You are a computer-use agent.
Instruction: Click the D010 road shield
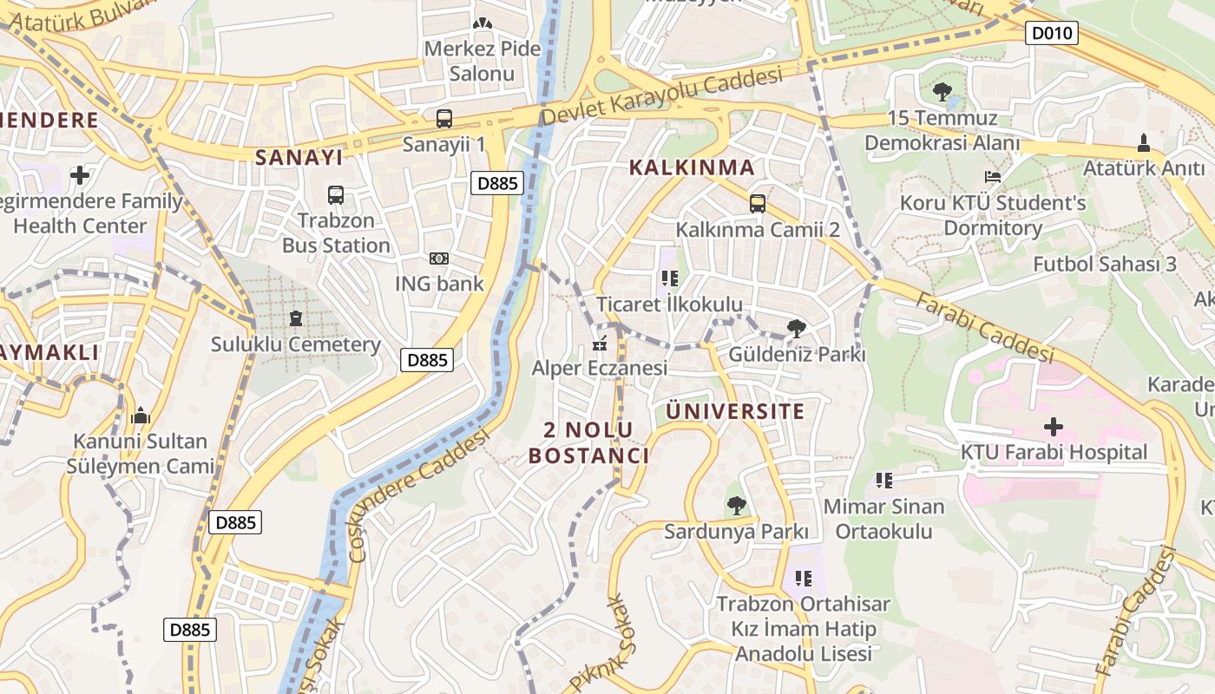click(1051, 34)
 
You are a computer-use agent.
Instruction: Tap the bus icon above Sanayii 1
click(443, 119)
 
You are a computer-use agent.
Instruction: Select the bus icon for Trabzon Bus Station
click(336, 195)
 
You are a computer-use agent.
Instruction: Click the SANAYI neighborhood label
click(299, 157)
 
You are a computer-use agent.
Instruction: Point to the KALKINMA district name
click(692, 167)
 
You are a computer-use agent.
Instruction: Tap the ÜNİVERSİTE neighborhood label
click(735, 411)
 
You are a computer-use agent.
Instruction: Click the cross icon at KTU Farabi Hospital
click(1053, 427)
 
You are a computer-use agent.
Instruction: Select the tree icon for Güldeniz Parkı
click(796, 329)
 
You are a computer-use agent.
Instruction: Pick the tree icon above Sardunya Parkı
click(736, 505)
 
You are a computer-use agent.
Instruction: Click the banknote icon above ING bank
click(439, 259)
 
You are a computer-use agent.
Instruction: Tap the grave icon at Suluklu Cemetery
click(296, 318)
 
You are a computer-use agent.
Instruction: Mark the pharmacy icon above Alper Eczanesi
click(599, 344)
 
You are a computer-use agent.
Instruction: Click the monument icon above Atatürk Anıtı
click(1143, 142)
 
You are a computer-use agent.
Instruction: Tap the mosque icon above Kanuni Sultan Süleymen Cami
click(140, 416)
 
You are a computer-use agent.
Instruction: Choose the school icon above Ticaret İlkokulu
click(669, 278)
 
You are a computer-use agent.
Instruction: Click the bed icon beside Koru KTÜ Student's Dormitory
click(993, 177)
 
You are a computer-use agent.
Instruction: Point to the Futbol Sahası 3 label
click(1104, 264)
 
